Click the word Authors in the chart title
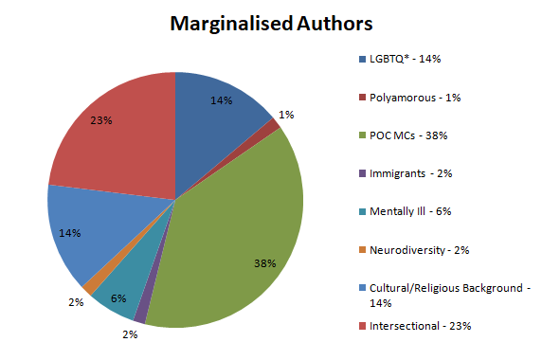334,24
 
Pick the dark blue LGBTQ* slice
214,114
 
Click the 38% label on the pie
264,263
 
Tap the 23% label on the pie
101,120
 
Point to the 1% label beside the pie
286,115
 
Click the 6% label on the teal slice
118,298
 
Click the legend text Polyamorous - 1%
415,98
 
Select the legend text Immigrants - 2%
410,173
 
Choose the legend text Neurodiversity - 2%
419,250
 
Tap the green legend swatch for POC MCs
362,135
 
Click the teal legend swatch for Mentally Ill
362,211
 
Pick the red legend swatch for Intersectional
362,326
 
